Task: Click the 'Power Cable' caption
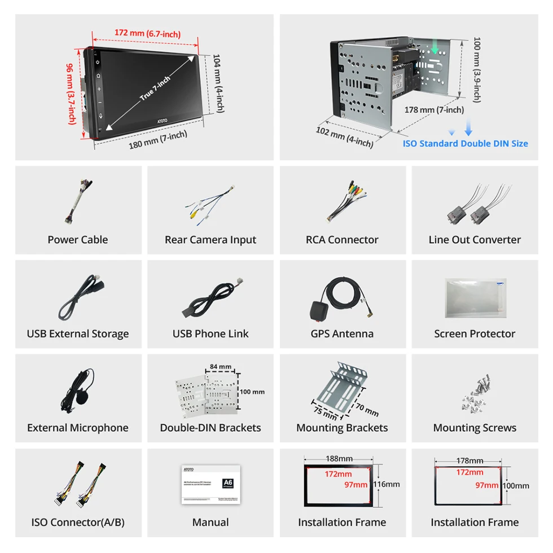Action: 78,240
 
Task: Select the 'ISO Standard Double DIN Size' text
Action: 465,143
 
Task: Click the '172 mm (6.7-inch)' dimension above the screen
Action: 147,33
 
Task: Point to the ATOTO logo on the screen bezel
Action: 163,121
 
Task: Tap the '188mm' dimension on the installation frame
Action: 339,459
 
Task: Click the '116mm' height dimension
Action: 388,484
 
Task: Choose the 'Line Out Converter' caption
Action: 475,240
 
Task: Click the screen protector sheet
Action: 474,299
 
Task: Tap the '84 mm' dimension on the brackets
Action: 220,367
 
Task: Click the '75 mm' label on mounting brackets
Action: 324,411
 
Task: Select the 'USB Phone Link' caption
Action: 210,334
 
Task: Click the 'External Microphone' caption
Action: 78,428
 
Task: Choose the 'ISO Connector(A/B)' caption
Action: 78,523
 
